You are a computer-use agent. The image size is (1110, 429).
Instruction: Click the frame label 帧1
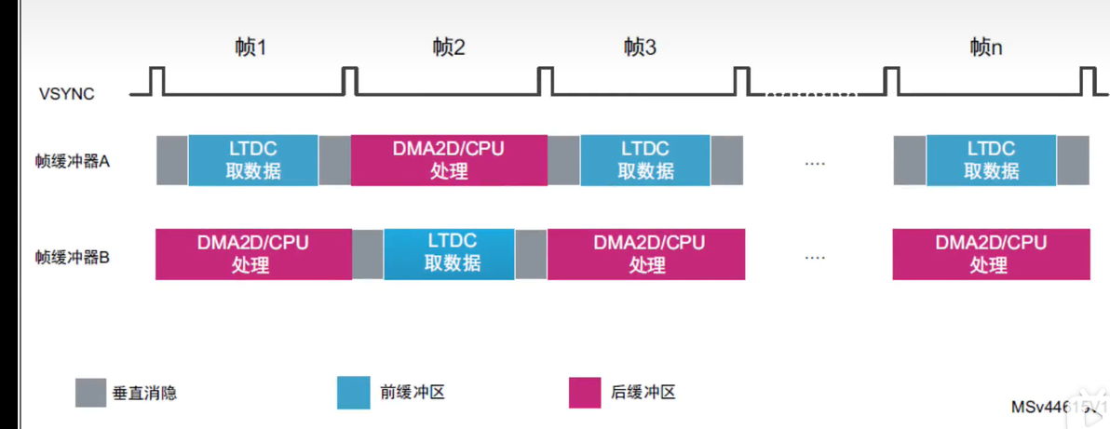point(250,47)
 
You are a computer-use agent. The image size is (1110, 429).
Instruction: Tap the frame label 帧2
point(449,47)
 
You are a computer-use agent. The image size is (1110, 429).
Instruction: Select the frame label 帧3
point(640,47)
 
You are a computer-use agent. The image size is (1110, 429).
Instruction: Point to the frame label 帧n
point(985,47)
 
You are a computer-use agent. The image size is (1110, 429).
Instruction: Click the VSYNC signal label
point(66,94)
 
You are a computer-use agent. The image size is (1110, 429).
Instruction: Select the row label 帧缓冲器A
point(73,161)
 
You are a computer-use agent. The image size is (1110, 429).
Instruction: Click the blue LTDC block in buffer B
point(449,253)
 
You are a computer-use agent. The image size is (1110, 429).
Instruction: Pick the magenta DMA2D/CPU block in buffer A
point(449,160)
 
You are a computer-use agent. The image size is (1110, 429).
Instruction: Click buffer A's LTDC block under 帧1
point(253,160)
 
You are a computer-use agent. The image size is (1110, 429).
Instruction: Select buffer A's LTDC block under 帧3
point(645,160)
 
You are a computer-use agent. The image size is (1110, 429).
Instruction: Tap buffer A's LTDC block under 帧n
point(991,160)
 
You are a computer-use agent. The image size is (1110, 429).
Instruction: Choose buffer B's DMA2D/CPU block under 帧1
point(252,253)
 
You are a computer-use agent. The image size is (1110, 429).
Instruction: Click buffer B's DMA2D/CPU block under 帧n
point(991,253)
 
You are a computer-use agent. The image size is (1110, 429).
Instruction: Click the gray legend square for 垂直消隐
point(90,393)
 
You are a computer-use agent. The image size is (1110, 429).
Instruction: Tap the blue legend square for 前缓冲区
point(353,393)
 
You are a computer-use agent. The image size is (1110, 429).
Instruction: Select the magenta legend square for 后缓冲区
point(584,393)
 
